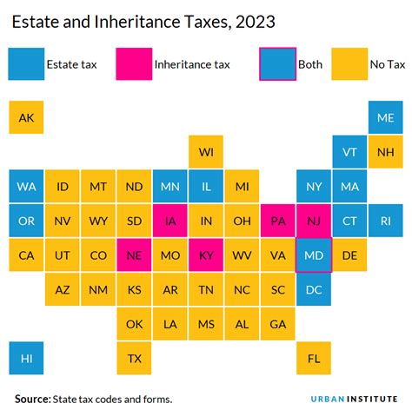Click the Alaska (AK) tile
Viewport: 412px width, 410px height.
click(x=26, y=117)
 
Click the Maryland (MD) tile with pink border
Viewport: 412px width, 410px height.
click(x=313, y=255)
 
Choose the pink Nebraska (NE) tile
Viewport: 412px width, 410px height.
click(x=134, y=255)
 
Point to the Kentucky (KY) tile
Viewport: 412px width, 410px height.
click(x=206, y=255)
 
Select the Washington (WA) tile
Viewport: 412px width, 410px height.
click(x=26, y=187)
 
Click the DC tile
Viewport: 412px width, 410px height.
click(x=313, y=289)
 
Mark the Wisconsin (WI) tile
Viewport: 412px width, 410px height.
click(x=206, y=152)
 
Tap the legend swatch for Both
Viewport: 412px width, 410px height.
click(x=277, y=63)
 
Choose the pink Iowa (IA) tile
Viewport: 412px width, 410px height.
click(x=169, y=221)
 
